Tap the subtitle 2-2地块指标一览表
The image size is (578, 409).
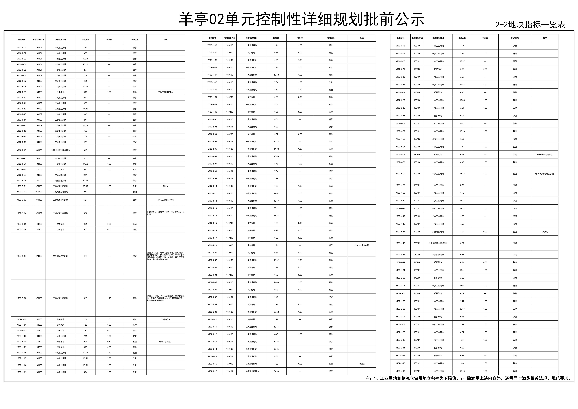tap(530, 25)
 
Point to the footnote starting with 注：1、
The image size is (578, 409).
tap(468, 378)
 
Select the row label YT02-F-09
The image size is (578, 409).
tap(21, 92)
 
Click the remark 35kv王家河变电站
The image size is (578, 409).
tap(166, 92)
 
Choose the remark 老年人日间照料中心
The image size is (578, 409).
tap(166, 200)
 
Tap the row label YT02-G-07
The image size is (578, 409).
tap(21, 256)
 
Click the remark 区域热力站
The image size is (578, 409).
tap(166, 319)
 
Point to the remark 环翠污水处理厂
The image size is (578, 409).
tap(166, 342)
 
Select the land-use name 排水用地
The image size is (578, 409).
tap(60, 342)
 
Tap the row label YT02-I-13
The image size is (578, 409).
tap(212, 208)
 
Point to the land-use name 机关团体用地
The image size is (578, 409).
tap(438, 255)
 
